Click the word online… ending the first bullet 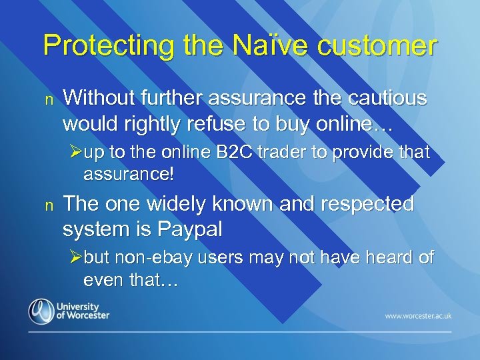click(x=361, y=124)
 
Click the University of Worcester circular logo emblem click(x=41, y=311)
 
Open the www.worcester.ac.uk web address click(x=418, y=315)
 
